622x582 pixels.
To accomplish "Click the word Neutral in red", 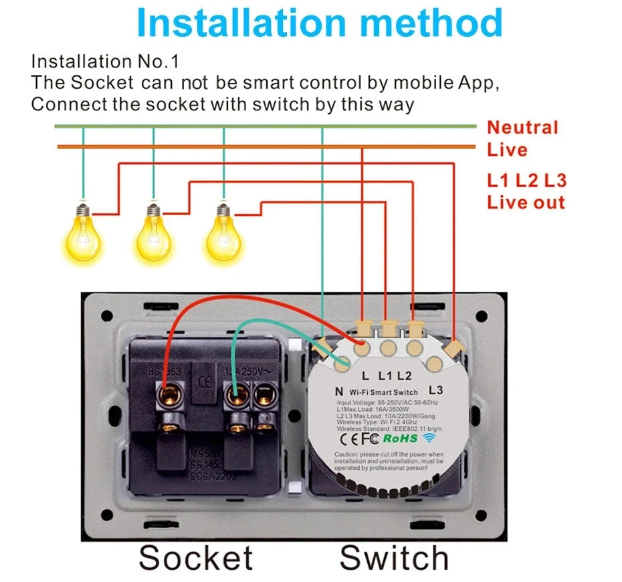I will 522,128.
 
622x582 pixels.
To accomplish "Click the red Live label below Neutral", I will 507,150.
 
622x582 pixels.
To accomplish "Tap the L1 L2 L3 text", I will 526,180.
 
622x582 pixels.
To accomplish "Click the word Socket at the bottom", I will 196,558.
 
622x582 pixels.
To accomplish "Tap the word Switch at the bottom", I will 394,558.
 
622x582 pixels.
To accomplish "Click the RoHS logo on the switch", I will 400,438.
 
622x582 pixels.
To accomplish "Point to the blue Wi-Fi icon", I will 429,438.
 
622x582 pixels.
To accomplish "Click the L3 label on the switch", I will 435,389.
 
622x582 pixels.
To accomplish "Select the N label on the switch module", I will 338,391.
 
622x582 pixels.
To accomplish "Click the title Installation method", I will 320,23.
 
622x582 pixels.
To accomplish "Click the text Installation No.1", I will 106,62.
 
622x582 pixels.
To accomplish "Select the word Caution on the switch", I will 348,454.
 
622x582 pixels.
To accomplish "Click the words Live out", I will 526,202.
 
